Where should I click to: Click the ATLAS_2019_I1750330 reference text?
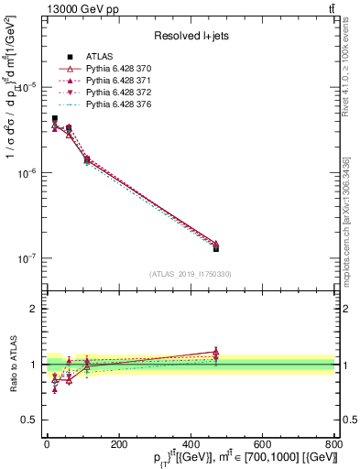tap(190, 274)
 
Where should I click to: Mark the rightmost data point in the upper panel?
tap(216, 247)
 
